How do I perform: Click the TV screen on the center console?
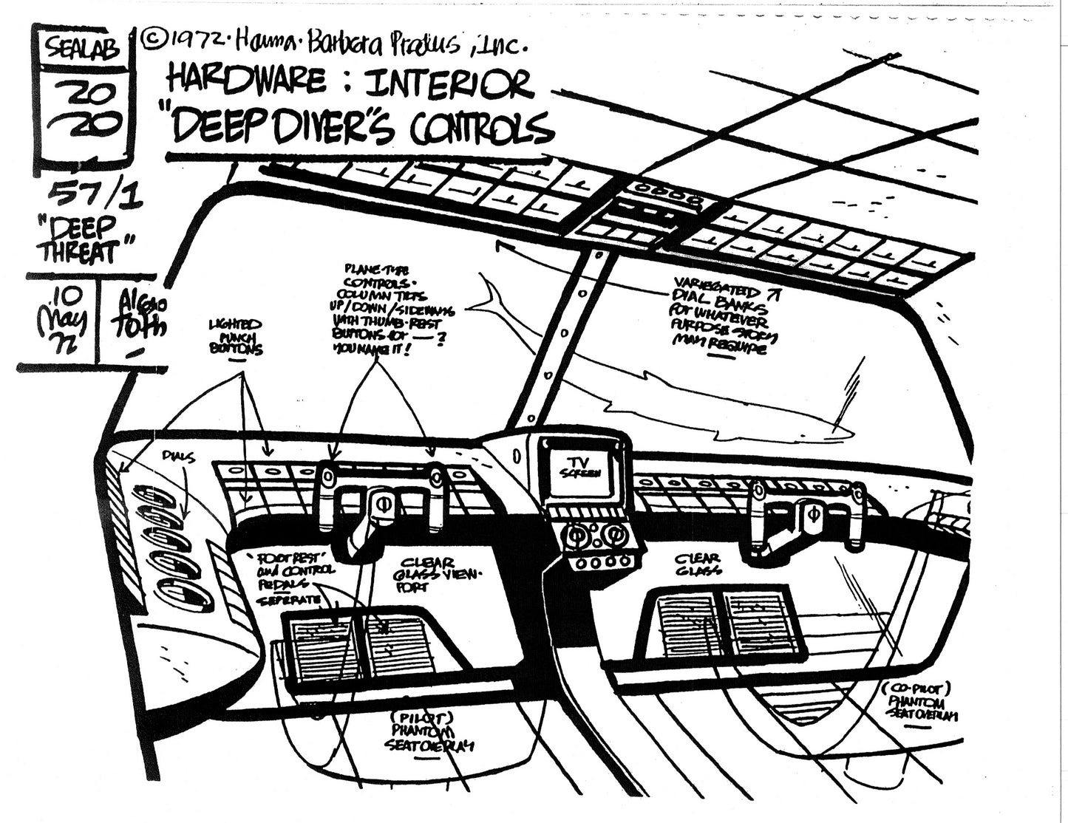point(583,467)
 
